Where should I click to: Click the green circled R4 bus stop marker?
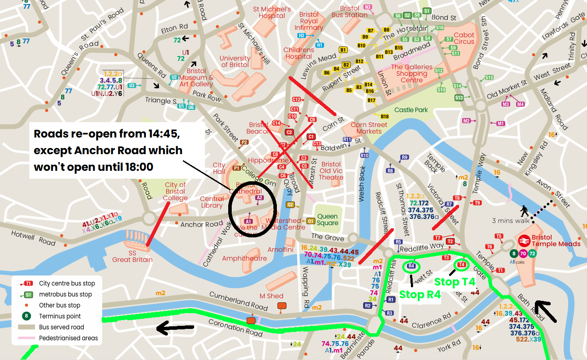(x=411, y=266)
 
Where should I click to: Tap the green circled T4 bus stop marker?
(x=461, y=265)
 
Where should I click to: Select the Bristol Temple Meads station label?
(x=556, y=241)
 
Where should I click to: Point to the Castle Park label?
(x=411, y=110)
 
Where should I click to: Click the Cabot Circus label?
(x=464, y=38)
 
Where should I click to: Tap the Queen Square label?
(x=328, y=219)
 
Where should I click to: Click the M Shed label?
(x=272, y=296)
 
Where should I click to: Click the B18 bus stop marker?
(x=385, y=116)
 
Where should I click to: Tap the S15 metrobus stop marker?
(x=489, y=78)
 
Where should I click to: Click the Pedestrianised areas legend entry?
(x=68, y=338)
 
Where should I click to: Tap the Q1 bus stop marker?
(x=311, y=221)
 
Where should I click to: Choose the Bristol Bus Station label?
(x=350, y=11)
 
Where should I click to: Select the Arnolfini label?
(x=280, y=250)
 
